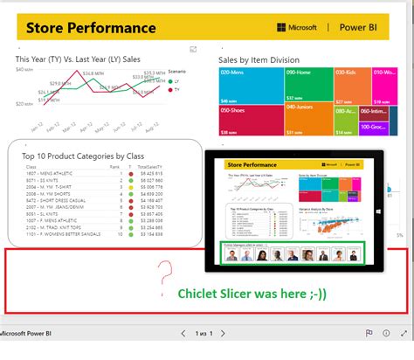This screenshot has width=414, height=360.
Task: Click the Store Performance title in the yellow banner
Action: (x=91, y=27)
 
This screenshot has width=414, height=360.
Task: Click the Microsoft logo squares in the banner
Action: (x=281, y=28)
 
